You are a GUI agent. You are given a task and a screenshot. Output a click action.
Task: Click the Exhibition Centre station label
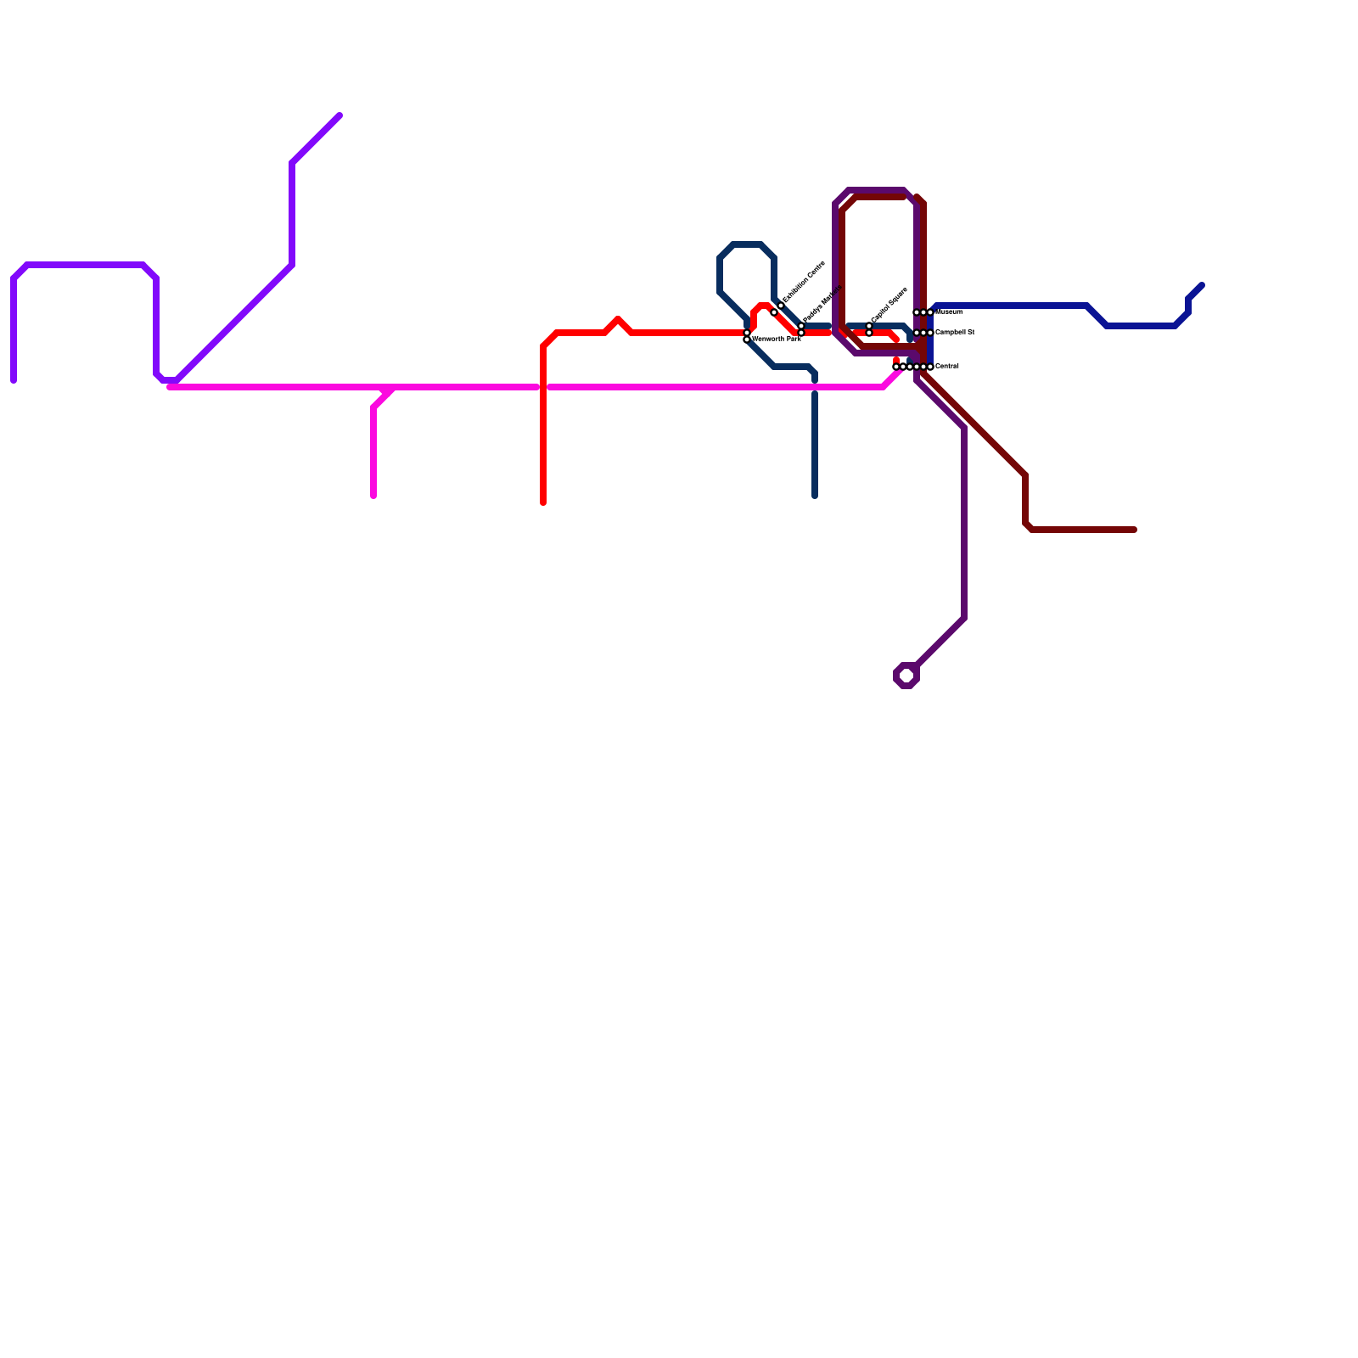click(x=804, y=282)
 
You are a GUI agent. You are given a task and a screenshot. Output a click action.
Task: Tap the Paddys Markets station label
click(x=822, y=304)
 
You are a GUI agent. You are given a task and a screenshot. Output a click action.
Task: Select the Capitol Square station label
click(x=889, y=305)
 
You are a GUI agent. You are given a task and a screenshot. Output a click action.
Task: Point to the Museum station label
click(x=949, y=312)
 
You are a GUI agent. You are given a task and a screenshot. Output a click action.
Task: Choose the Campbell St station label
click(x=954, y=332)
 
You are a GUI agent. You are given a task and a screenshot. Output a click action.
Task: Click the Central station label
click(x=946, y=367)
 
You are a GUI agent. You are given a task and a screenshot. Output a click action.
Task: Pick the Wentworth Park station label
click(x=776, y=339)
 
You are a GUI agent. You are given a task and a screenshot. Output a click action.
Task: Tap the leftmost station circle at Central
click(x=896, y=367)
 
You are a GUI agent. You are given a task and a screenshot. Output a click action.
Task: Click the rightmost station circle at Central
click(x=930, y=367)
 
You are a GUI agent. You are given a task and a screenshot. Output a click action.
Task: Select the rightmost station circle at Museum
click(x=930, y=312)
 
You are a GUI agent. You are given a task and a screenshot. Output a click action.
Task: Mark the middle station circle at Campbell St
click(x=923, y=333)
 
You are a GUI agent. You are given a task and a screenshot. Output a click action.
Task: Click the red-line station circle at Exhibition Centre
click(x=774, y=312)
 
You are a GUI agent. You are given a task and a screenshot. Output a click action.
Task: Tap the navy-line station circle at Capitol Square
click(x=869, y=326)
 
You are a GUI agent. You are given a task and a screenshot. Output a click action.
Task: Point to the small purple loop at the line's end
click(x=906, y=676)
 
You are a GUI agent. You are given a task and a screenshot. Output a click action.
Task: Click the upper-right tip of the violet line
click(x=339, y=115)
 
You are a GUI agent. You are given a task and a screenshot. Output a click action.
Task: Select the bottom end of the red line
click(x=543, y=502)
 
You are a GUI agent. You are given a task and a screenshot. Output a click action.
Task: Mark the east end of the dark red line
click(x=1134, y=530)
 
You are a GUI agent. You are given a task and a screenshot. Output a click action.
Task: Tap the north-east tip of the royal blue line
click(x=1202, y=285)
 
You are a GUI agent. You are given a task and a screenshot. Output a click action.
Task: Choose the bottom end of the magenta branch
click(x=373, y=496)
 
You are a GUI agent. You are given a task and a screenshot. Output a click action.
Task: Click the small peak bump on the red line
click(x=618, y=320)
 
